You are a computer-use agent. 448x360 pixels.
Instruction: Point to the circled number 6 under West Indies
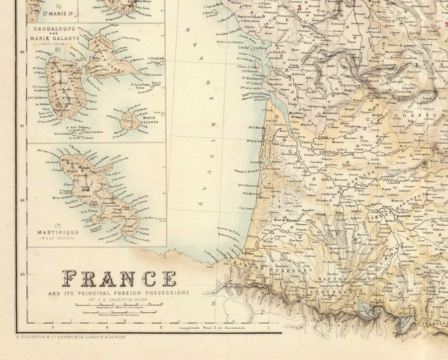(58, 49)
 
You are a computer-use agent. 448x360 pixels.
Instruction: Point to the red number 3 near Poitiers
(299, 8)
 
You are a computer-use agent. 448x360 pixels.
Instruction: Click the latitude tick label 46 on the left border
(22, 51)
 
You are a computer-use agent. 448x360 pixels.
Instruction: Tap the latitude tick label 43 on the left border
(22, 274)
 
